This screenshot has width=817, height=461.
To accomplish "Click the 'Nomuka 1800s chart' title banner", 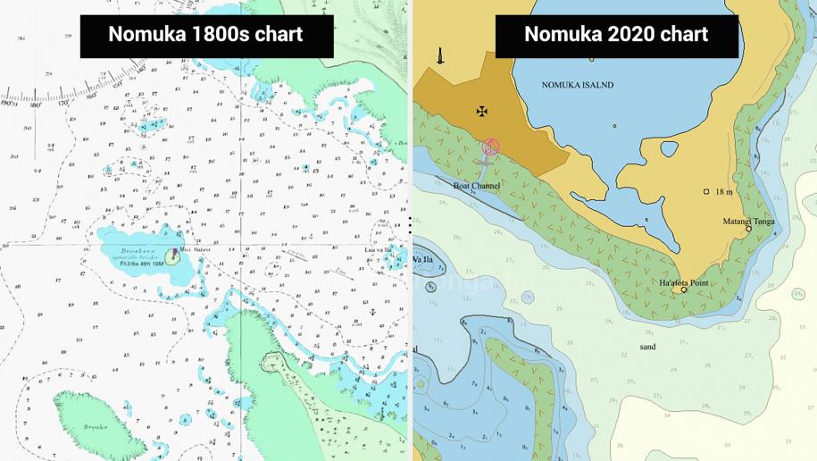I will tap(206, 36).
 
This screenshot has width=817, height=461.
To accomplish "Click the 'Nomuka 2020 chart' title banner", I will tap(616, 36).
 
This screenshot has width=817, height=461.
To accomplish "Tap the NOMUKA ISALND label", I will tap(578, 85).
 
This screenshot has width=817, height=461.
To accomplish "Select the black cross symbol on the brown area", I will tap(482, 112).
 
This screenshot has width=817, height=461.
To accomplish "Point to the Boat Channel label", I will tap(476, 186).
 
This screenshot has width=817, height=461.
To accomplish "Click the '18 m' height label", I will tap(723, 191).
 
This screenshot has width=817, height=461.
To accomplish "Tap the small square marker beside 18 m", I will tap(706, 191).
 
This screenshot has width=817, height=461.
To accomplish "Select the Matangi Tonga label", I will tap(748, 221).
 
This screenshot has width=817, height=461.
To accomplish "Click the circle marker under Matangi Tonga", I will tap(748, 229).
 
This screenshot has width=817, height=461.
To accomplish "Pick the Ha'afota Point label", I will tap(683, 282).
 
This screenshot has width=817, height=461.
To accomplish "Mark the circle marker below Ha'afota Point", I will tap(684, 289).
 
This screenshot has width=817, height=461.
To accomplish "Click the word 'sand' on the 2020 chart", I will tap(647, 347).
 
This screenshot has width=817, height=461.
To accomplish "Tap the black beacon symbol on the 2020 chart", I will tap(440, 55).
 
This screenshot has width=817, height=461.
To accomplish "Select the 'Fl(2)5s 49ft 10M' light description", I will tap(141, 263).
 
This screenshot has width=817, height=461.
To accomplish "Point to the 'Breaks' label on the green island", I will tap(96, 427).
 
